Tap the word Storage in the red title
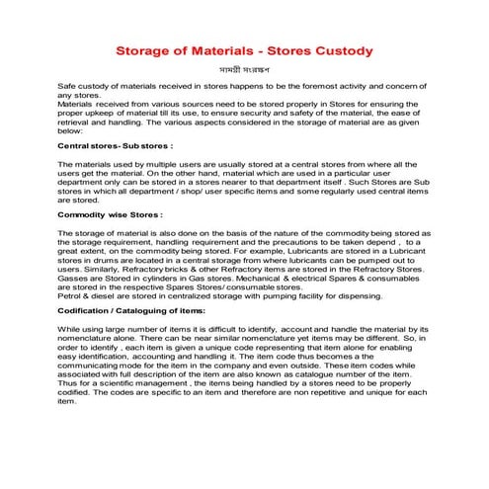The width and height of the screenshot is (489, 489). coord(148,48)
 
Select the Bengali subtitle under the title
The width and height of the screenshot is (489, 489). coord(243,72)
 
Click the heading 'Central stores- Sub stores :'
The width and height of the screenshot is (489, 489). coord(110,145)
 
